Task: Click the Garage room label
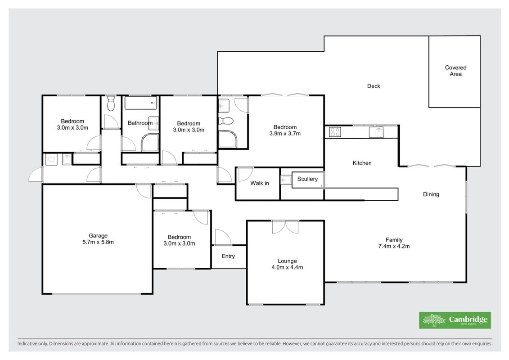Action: pyautogui.click(x=98, y=239)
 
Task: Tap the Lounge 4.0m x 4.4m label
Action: pyautogui.click(x=287, y=264)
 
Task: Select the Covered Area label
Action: pyautogui.click(x=456, y=71)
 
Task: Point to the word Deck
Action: pyautogui.click(x=374, y=86)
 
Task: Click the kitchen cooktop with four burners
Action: pyautogui.click(x=335, y=132)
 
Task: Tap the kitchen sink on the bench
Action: pyautogui.click(x=376, y=132)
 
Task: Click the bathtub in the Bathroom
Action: pyautogui.click(x=141, y=103)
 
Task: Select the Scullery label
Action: pyautogui.click(x=307, y=179)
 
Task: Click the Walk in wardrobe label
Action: pyautogui.click(x=260, y=184)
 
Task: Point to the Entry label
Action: pyautogui.click(x=228, y=256)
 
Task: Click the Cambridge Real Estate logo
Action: pyautogui.click(x=455, y=320)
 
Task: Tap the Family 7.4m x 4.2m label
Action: pyautogui.click(x=394, y=243)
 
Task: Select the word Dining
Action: pyautogui.click(x=431, y=194)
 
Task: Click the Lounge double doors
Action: pyautogui.click(x=285, y=227)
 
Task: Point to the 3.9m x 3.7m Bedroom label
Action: pyautogui.click(x=285, y=130)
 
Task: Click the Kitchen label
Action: pyautogui.click(x=362, y=163)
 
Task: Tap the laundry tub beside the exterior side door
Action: pyautogui.click(x=51, y=159)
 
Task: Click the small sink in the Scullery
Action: pyautogui.click(x=286, y=180)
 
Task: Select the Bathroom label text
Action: pyautogui.click(x=140, y=123)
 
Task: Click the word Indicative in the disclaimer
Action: pyautogui.click(x=27, y=343)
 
